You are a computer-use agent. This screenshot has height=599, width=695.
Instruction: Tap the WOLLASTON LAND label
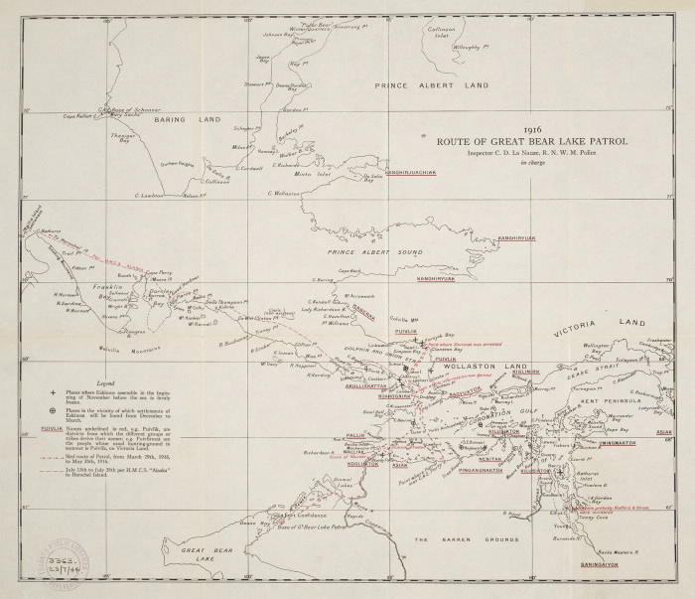click(477, 368)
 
